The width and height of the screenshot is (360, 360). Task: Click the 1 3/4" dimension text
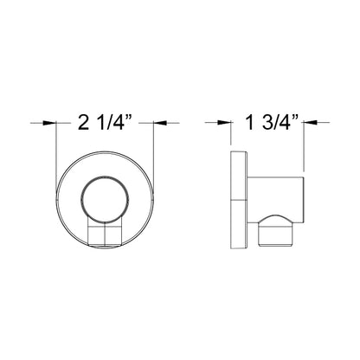268,124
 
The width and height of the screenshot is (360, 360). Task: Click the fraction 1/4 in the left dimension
112,124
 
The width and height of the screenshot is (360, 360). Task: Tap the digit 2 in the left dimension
82,124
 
